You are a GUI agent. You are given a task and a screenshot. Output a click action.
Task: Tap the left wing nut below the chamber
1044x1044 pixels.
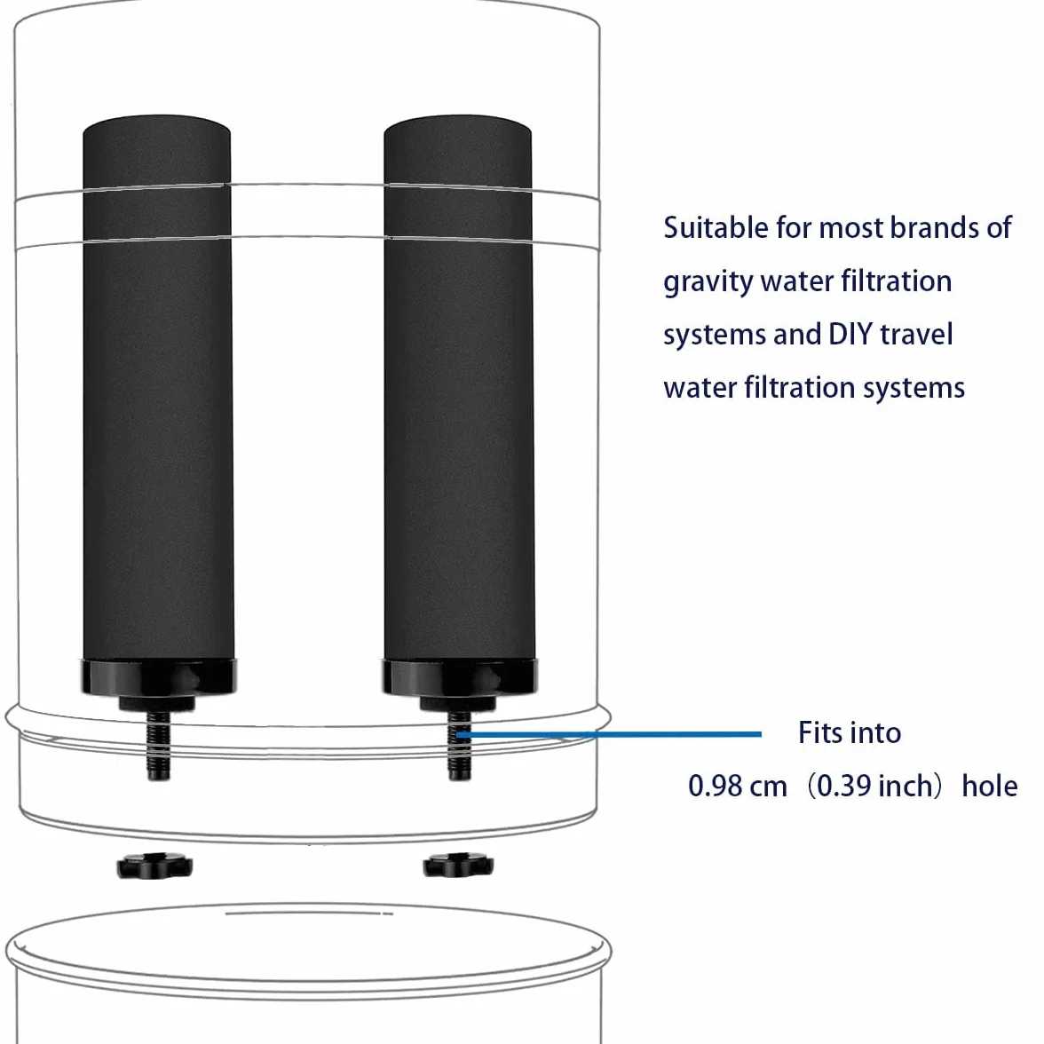coord(154,866)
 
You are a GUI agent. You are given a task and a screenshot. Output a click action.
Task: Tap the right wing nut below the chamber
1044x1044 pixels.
coord(458,866)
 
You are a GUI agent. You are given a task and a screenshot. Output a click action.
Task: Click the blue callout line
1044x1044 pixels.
coord(609,734)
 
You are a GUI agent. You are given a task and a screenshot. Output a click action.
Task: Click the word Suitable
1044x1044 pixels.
coord(716,227)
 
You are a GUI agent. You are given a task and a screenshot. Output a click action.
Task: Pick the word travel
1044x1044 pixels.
coord(917,334)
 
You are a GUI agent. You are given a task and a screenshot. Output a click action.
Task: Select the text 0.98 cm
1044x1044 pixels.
coord(738,787)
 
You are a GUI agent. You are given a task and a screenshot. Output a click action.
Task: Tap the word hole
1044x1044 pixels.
coord(989,786)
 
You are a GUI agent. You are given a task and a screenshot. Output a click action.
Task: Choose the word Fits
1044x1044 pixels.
coord(819,732)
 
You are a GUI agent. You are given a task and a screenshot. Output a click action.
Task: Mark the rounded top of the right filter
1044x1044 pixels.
coord(457,126)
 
